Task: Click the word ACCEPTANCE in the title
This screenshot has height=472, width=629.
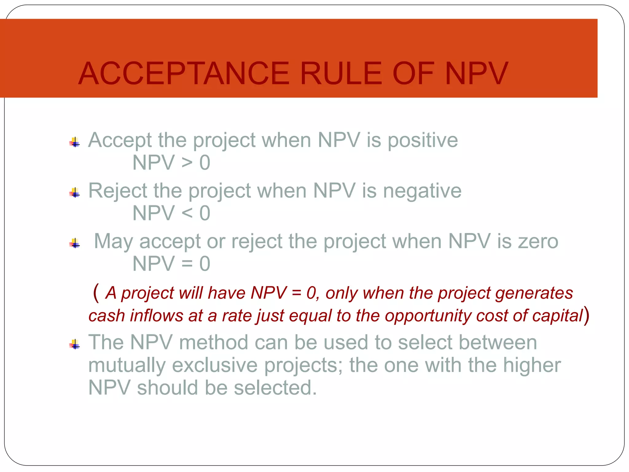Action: (x=184, y=74)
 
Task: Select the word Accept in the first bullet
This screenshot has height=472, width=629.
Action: (x=120, y=140)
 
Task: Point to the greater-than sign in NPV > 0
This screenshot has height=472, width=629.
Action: (x=187, y=163)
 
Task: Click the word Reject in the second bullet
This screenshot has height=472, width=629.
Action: (x=118, y=191)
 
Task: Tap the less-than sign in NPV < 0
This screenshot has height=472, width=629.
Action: (x=187, y=213)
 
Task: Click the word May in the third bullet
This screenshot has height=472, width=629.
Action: (x=113, y=242)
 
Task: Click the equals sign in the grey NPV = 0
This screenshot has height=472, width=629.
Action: (x=187, y=264)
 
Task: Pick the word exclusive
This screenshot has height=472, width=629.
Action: (x=214, y=365)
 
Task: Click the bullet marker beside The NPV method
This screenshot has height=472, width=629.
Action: (x=75, y=344)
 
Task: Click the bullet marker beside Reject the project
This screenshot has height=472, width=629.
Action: (x=75, y=193)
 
